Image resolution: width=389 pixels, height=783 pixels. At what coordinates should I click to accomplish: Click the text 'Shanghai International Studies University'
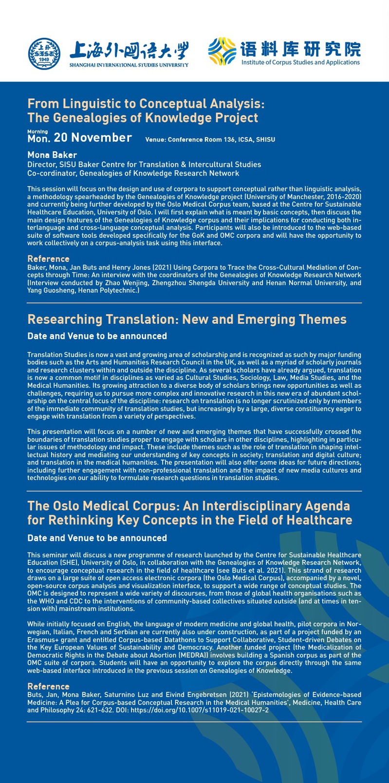[x=129, y=65]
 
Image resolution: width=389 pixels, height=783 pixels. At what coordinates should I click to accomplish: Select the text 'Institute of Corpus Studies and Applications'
[x=300, y=62]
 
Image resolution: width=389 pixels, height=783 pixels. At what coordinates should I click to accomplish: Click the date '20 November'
[x=93, y=138]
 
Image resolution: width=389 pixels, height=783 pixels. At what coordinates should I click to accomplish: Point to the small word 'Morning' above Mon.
[x=37, y=131]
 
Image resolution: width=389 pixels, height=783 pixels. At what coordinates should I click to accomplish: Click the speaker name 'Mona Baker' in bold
[x=52, y=155]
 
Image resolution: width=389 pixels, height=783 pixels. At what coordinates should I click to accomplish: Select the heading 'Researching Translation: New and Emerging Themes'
[x=187, y=319]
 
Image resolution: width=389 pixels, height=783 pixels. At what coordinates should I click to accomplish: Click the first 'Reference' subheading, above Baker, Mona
[x=48, y=259]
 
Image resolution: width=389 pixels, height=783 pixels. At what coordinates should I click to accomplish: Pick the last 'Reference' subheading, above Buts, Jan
[x=48, y=686]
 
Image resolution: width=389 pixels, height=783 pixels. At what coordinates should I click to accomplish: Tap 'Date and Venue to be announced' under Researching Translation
[x=97, y=336]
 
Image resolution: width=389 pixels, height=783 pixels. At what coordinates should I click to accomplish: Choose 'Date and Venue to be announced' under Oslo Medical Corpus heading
[x=97, y=538]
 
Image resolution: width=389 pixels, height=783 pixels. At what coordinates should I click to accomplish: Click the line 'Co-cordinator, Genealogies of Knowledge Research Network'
[x=133, y=173]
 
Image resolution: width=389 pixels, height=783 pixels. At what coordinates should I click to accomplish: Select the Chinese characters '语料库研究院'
[x=300, y=49]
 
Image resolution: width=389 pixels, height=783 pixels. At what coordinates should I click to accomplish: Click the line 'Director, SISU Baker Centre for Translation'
[x=144, y=164]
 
